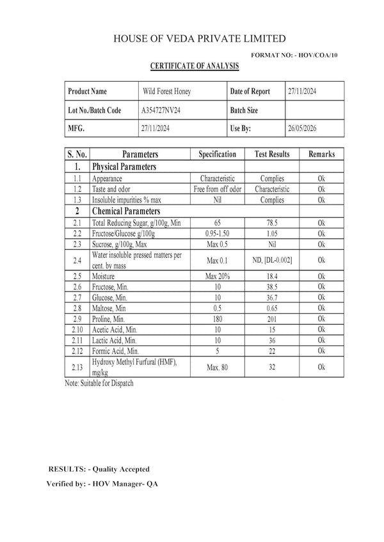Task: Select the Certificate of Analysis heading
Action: [x=194, y=66]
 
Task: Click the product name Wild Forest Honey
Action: [x=166, y=92]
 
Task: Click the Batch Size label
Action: [x=244, y=110]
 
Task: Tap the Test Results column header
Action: [x=272, y=155]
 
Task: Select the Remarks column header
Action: [x=321, y=155]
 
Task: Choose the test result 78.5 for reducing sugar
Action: [x=272, y=222]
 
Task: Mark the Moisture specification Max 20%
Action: [x=218, y=275]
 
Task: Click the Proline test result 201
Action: [x=272, y=319]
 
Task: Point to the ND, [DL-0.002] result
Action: [x=272, y=260]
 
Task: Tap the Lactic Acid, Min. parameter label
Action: [x=115, y=341]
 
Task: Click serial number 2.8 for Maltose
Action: [x=77, y=308]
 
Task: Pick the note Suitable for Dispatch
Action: [x=100, y=384]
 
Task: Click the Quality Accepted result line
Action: [x=99, y=470]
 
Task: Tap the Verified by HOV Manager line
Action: [x=102, y=484]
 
